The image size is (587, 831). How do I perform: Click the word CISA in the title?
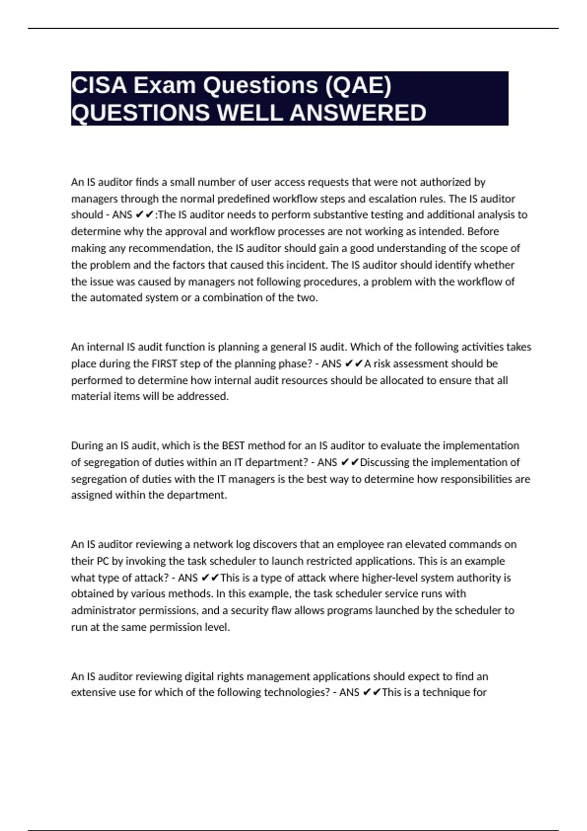coord(99,86)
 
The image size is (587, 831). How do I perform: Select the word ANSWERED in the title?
coord(358,113)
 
